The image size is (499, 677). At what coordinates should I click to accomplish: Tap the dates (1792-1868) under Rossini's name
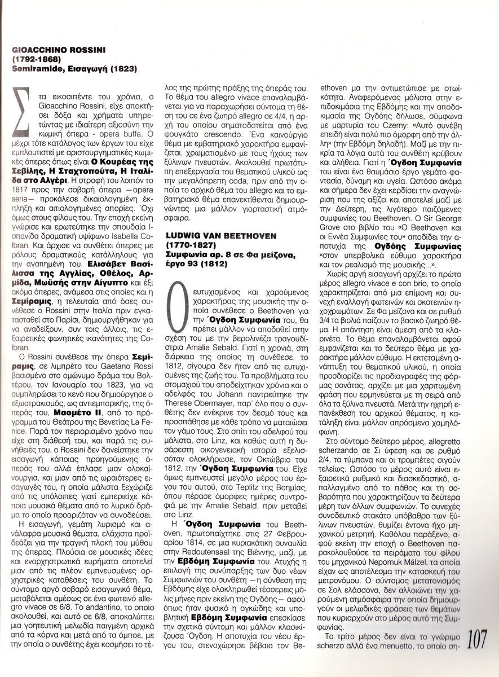33,59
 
